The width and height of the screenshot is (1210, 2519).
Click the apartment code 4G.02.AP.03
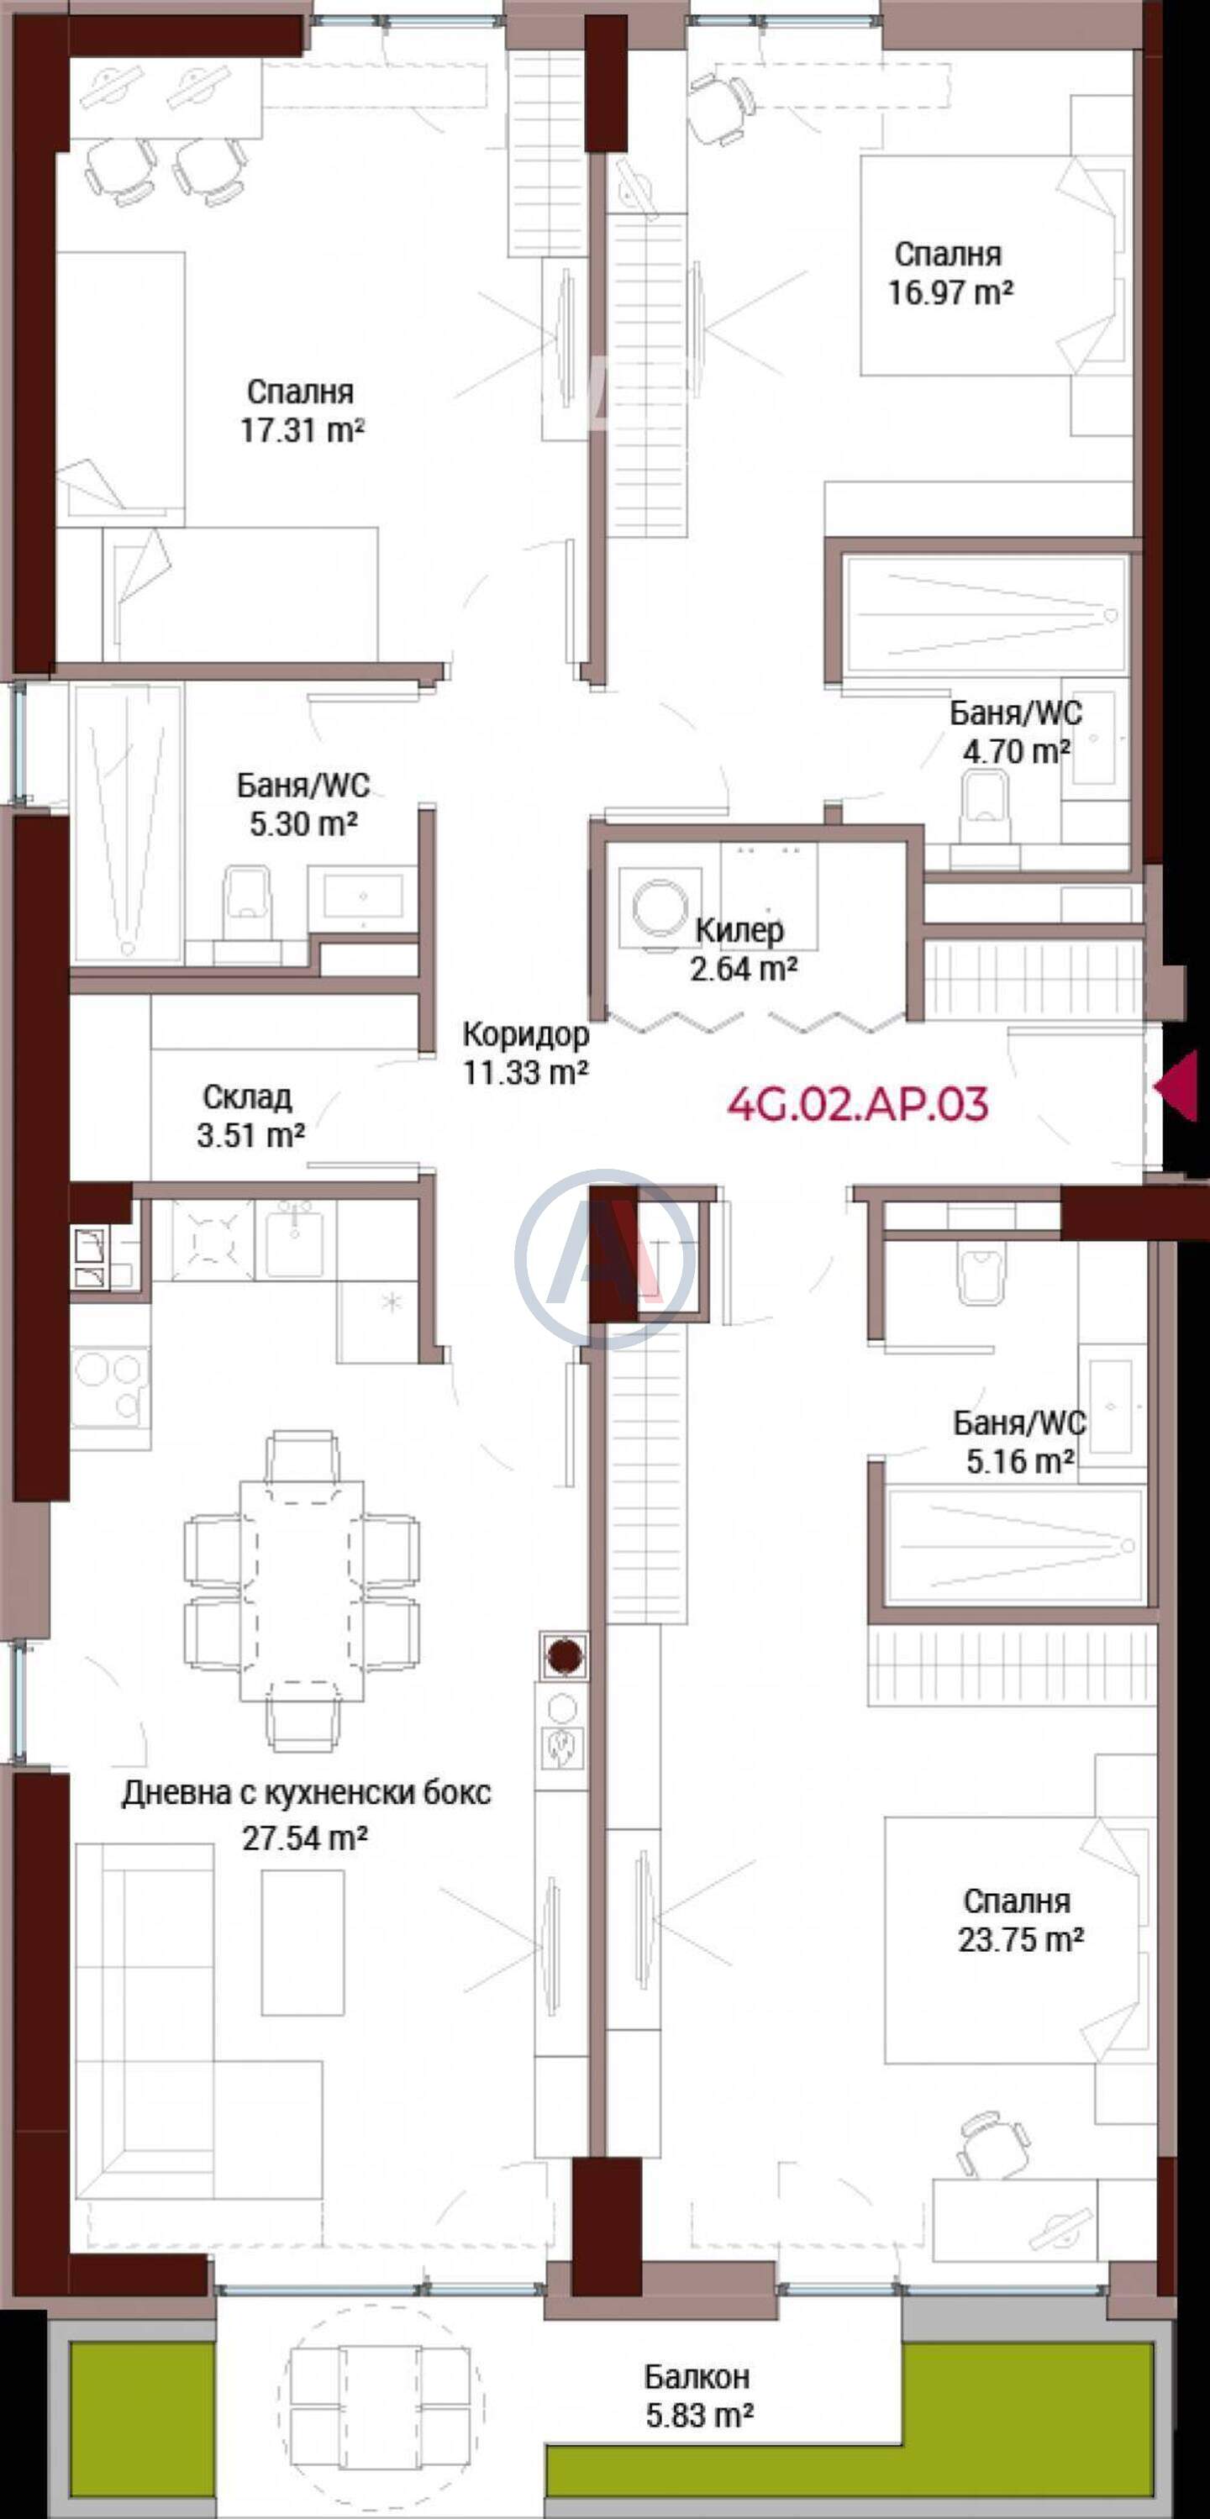858,1104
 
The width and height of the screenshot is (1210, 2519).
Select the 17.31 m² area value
303,430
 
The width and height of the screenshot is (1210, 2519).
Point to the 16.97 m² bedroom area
950,292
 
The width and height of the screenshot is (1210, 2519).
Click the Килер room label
739,930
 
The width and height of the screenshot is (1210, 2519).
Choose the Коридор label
525,1033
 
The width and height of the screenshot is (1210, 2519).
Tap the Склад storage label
248,1097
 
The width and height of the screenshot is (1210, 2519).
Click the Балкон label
697,2375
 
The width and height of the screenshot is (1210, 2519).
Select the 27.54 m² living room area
305,1838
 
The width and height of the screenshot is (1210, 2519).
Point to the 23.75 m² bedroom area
1020,1938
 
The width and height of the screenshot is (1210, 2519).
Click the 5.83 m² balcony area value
699,2416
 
